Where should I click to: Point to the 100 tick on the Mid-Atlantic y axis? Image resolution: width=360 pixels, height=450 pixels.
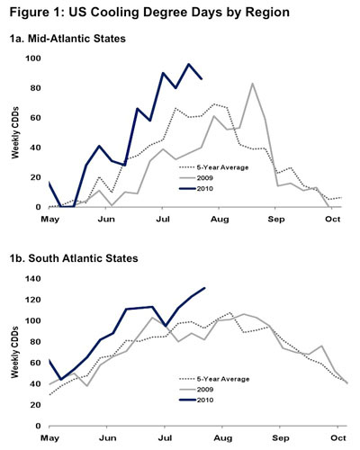pos(32,58)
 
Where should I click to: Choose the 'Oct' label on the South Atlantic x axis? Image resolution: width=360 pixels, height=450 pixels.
pos(334,437)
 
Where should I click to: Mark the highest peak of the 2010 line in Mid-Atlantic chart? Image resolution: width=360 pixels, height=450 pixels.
pos(189,65)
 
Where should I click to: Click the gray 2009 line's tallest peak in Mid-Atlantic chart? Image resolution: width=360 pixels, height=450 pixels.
pos(252,84)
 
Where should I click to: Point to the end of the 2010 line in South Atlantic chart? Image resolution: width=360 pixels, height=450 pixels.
pos(205,288)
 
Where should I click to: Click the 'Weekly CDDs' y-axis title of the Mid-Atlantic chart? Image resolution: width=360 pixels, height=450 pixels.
pos(14,133)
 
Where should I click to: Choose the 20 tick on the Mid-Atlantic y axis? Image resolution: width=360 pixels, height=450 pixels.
pos(35,177)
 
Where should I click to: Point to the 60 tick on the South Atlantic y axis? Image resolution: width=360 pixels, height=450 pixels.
pos(35,363)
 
